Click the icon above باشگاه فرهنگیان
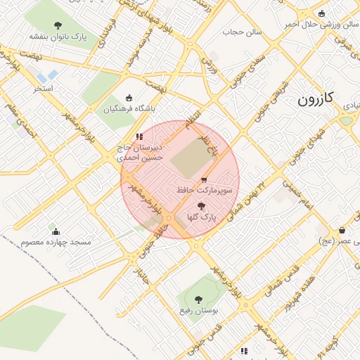pos(128,98)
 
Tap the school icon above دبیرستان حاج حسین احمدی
pos(139,136)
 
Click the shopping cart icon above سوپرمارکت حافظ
pos(204,180)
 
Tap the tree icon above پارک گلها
pos(202,207)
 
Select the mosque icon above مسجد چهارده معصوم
pos(56,231)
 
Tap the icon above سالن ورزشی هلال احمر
pos(322,13)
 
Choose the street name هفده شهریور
pos(300,292)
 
